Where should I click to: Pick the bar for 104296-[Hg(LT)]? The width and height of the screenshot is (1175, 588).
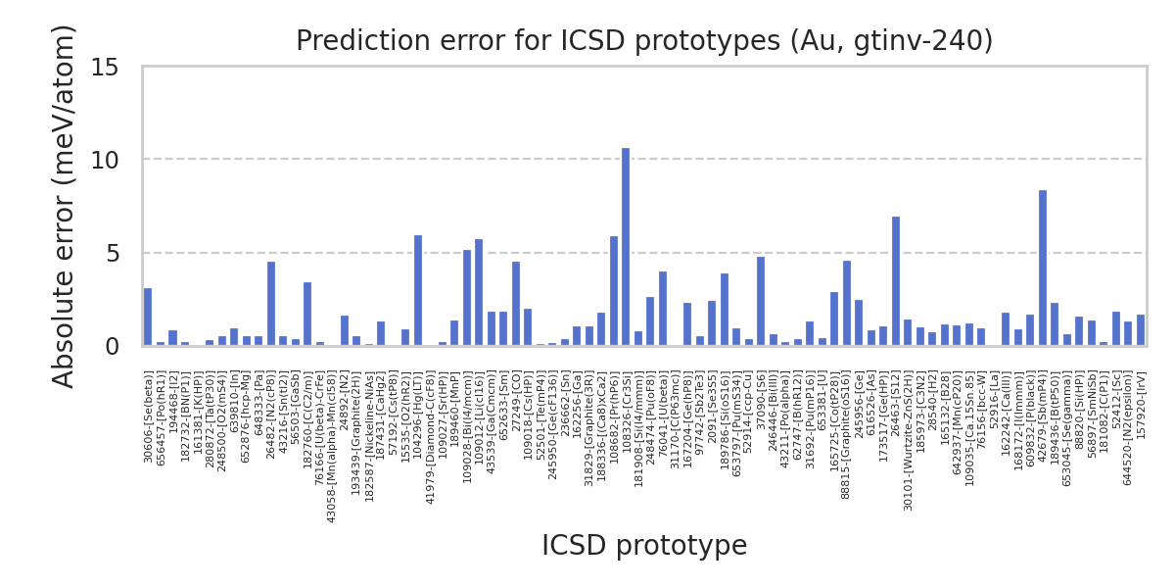click(418, 290)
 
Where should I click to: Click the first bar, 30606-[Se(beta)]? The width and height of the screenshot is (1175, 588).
click(148, 317)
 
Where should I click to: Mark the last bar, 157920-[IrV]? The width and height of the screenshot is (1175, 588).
click(1141, 330)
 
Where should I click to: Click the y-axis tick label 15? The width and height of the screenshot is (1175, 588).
click(105, 67)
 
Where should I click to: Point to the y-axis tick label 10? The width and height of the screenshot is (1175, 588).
click(105, 160)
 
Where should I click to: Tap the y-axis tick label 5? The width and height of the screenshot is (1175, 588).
click(112, 253)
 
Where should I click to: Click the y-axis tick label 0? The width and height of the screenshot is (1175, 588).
click(112, 346)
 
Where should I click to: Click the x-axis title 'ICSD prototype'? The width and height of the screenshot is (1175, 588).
click(644, 546)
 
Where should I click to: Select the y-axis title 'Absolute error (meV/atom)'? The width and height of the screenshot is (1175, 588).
click(65, 206)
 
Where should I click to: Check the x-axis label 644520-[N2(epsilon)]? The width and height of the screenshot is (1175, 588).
click(1128, 427)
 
